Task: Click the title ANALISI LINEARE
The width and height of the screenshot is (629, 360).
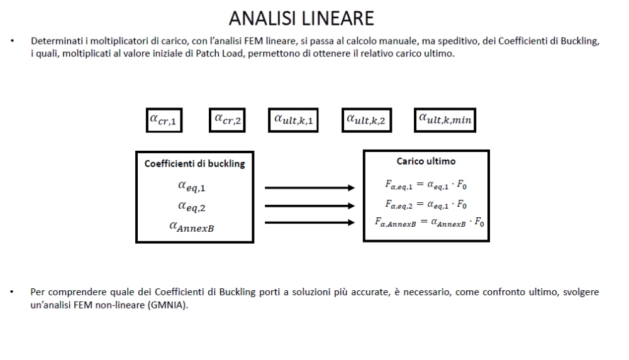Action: coord(301,18)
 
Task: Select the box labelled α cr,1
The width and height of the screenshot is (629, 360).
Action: coord(164,121)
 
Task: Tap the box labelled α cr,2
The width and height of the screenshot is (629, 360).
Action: coord(227,120)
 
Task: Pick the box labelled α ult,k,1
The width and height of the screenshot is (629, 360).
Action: coord(293,121)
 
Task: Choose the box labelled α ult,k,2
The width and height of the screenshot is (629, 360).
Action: coord(366,121)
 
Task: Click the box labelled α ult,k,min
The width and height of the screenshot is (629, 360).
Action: coord(445,121)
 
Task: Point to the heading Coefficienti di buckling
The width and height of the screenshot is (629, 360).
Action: coord(195,164)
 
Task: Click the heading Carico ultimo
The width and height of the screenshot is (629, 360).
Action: coord(426,161)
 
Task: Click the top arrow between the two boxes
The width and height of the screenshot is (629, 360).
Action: coord(311,187)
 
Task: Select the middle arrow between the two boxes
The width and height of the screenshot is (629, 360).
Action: coord(311,205)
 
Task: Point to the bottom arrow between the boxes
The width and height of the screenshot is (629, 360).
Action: coord(311,222)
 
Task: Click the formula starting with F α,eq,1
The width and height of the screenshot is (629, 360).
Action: coord(425,185)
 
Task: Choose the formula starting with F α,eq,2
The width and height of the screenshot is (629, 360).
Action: coord(425,204)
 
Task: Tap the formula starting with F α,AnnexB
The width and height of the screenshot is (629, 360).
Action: coord(425,222)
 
